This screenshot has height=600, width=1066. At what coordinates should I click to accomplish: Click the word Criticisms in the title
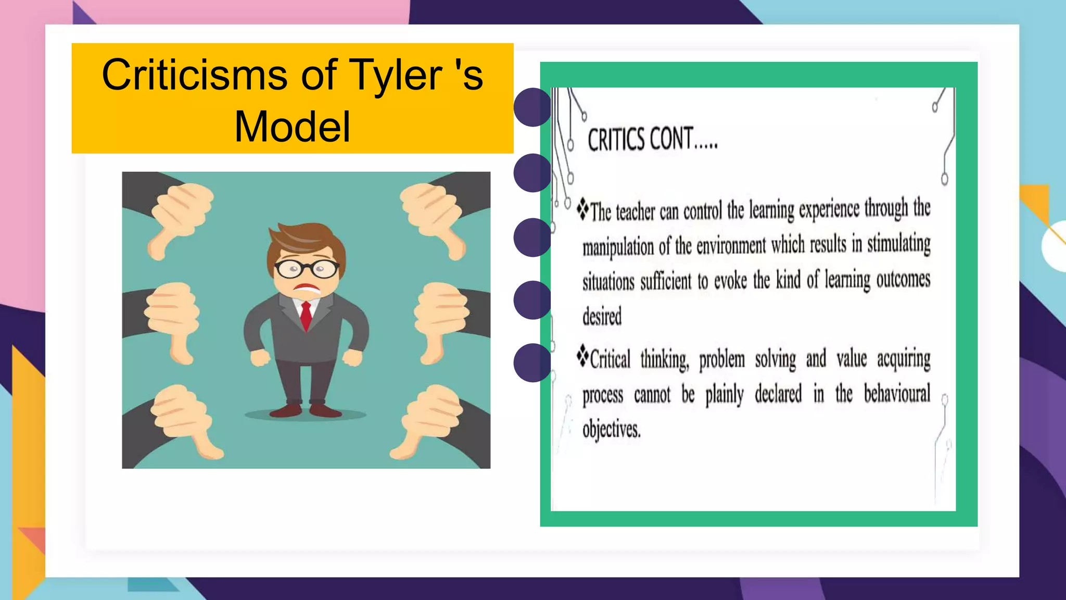tap(194, 74)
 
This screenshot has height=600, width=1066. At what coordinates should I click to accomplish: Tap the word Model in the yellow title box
tap(292, 127)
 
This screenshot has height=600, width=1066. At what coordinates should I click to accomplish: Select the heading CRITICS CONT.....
tap(652, 140)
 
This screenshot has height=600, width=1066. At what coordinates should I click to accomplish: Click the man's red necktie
tap(306, 315)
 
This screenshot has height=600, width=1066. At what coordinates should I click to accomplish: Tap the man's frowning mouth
tap(307, 289)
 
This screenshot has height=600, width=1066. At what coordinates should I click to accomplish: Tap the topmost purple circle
tap(532, 107)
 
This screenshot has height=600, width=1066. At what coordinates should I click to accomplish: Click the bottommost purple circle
tap(532, 362)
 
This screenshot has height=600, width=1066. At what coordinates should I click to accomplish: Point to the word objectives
tap(611, 429)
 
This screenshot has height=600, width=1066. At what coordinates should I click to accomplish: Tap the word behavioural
tap(897, 394)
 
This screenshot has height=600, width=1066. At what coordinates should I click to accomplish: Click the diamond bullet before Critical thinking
tap(582, 357)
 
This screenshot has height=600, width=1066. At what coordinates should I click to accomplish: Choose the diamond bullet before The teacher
tap(582, 209)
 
